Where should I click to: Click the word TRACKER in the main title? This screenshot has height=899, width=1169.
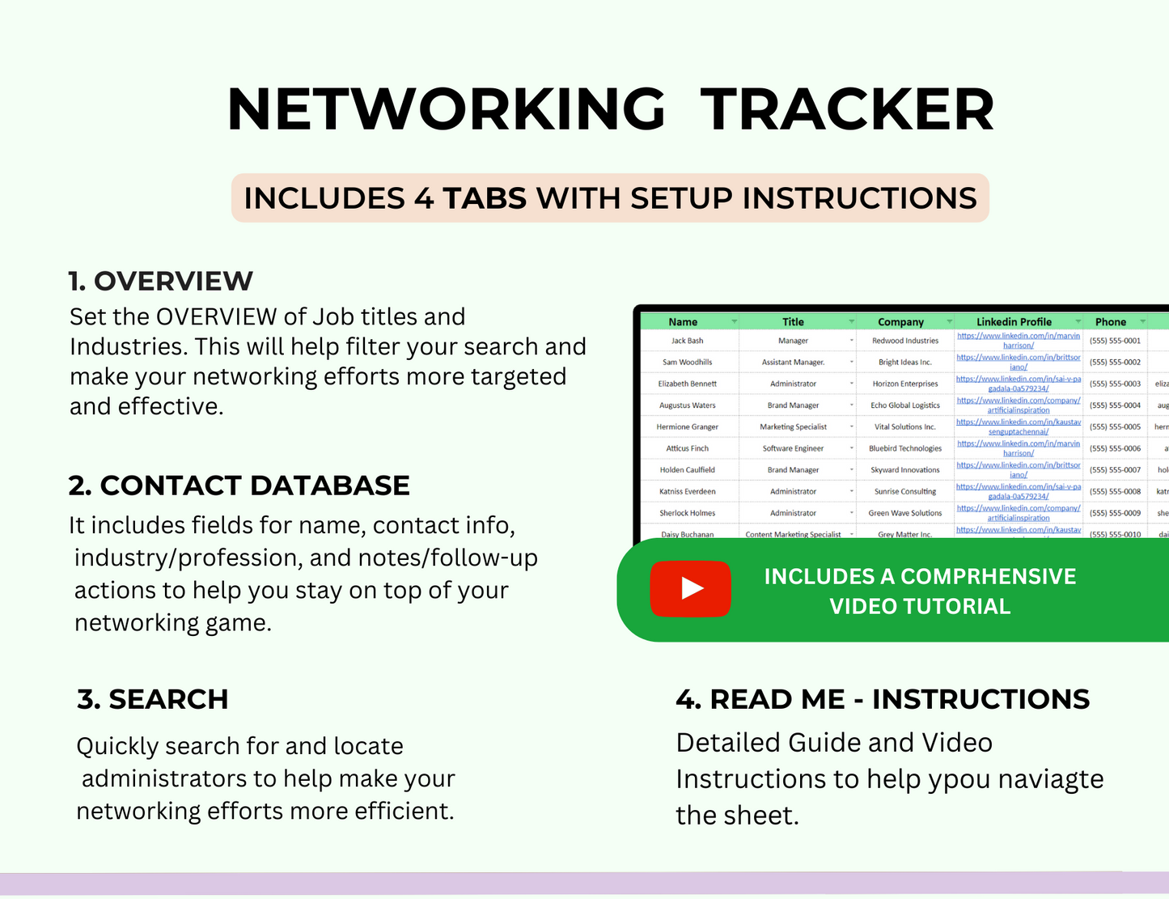[847, 109]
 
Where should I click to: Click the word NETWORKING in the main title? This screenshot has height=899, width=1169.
[447, 109]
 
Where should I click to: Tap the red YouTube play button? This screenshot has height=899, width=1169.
[690, 588]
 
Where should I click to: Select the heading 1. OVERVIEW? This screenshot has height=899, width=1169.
[161, 281]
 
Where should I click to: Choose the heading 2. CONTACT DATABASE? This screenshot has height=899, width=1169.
[239, 486]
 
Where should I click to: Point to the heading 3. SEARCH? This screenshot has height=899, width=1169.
[153, 699]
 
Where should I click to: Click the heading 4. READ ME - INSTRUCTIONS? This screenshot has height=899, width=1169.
[883, 699]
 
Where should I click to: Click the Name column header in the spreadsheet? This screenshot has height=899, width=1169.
[683, 322]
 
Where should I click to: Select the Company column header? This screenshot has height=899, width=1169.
[900, 322]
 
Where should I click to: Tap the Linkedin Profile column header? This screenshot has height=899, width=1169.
[1014, 322]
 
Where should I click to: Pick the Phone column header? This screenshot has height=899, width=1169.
[1111, 322]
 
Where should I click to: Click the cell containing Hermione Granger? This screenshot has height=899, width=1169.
[688, 427]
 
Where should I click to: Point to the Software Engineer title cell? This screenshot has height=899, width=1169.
[793, 448]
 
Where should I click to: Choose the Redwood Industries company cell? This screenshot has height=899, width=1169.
[905, 341]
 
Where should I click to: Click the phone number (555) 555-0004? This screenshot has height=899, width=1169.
[1115, 405]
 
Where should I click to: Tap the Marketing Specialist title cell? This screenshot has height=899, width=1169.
[793, 427]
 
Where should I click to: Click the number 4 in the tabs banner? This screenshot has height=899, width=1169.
[424, 198]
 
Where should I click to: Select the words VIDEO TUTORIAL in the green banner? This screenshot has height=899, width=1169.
[920, 606]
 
